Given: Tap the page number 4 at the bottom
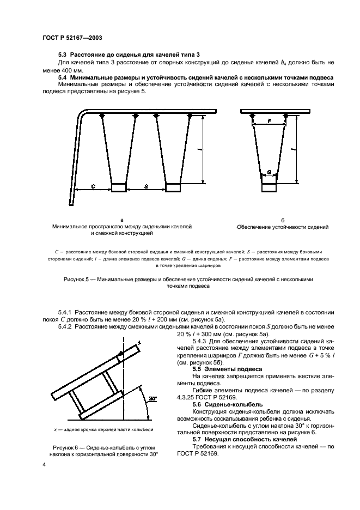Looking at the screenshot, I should click(44, 464).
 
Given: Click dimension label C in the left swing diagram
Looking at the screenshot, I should click(93, 186).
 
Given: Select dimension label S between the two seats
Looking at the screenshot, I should click(147, 186).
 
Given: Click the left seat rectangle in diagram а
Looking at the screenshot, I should click(119, 188).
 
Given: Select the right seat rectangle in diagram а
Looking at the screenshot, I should click(173, 188).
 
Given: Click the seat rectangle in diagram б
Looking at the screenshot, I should click(270, 188).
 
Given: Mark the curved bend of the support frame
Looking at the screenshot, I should click(84, 115).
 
